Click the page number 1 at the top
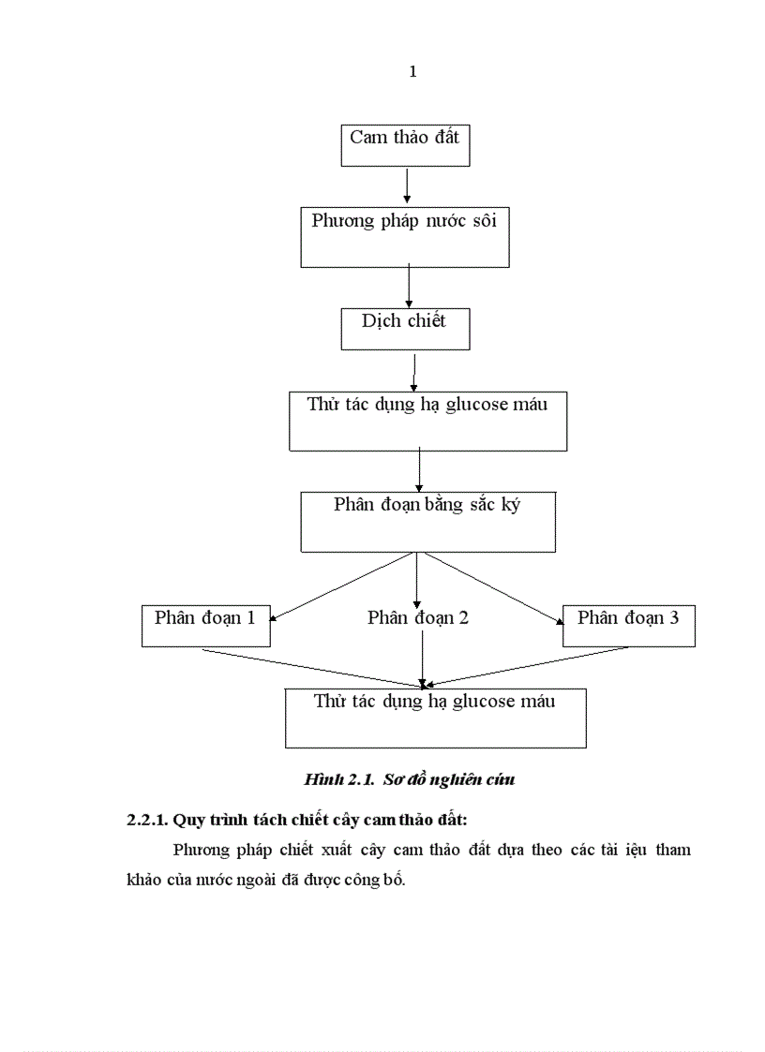(412, 72)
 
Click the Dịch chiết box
(404, 327)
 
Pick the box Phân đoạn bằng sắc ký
(427, 521)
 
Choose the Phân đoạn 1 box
(205, 625)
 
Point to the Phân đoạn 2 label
(418, 617)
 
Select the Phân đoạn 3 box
(628, 625)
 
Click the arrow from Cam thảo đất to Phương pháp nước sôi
(407, 185)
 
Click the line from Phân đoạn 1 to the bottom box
(309, 667)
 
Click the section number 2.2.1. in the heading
(147, 820)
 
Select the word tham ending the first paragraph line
(671, 851)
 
